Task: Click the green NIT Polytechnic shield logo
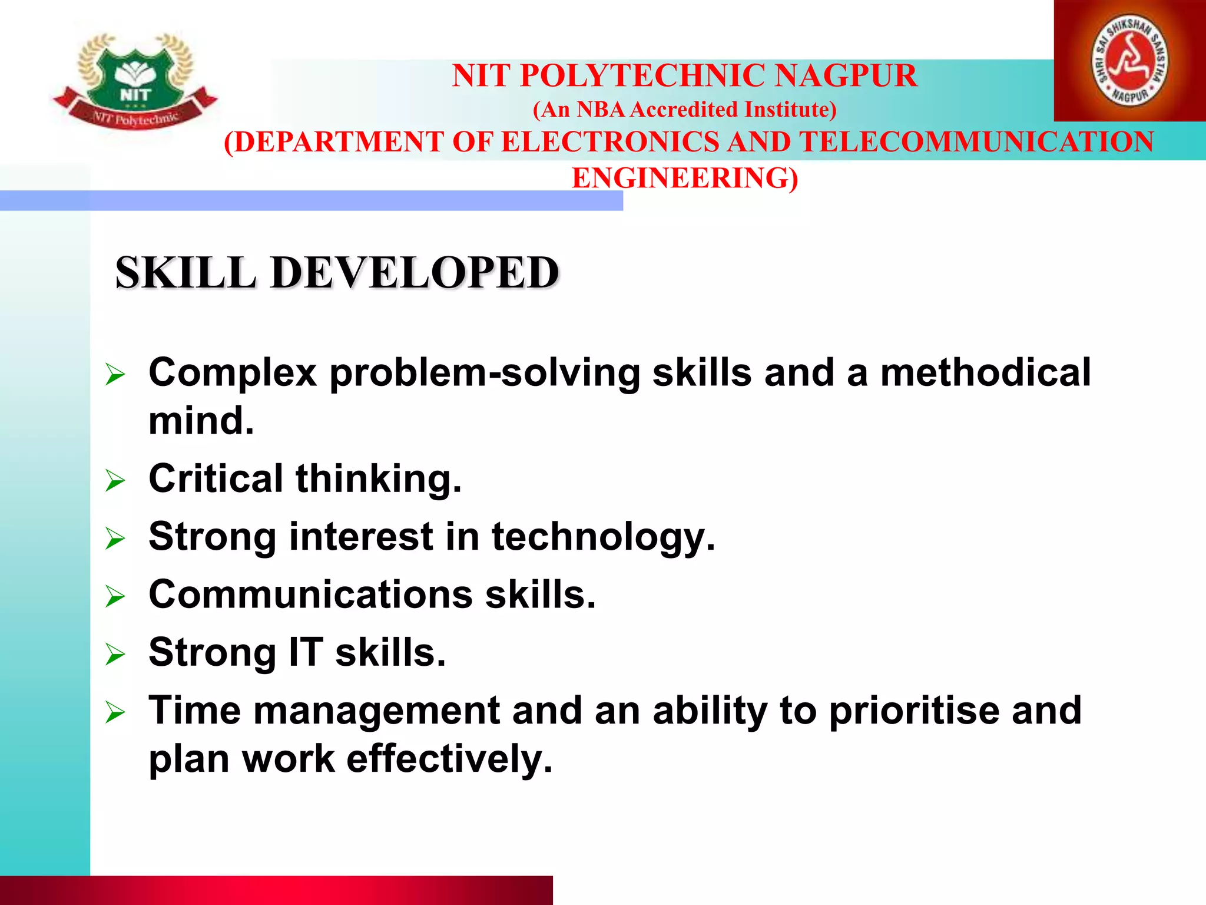click(x=136, y=80)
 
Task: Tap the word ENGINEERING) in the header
click(x=685, y=178)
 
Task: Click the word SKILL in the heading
click(x=185, y=273)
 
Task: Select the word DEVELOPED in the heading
click(x=415, y=273)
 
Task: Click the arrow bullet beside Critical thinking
click(x=115, y=480)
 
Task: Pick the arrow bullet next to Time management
click(x=115, y=713)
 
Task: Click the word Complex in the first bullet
click(x=233, y=374)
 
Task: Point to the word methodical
click(x=985, y=372)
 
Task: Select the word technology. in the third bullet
click(x=604, y=537)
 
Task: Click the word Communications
click(x=310, y=594)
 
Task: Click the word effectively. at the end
click(x=450, y=759)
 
